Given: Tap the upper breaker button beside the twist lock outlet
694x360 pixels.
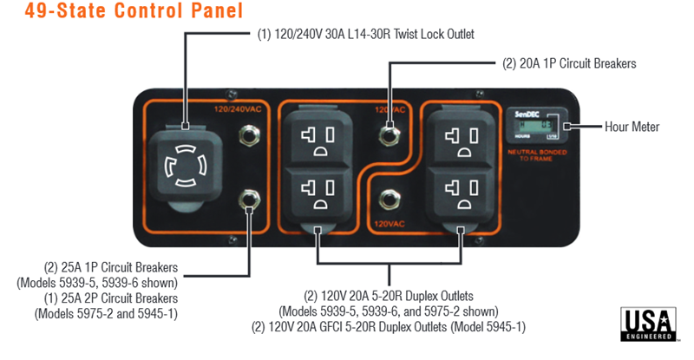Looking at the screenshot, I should tap(252, 134).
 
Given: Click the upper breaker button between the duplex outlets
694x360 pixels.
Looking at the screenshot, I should tap(389, 134).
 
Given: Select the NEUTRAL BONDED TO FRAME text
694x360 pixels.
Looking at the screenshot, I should tap(534, 154).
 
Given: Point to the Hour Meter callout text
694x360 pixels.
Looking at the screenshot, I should tap(631, 127).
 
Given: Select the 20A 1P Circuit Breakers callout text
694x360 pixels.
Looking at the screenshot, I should tap(569, 63).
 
